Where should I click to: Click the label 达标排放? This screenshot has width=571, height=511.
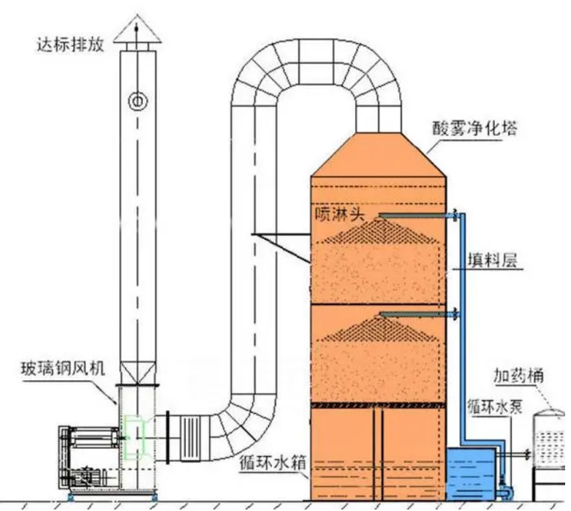70,44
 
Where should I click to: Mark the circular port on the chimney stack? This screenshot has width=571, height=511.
136,101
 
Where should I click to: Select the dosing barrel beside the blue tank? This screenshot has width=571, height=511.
551,446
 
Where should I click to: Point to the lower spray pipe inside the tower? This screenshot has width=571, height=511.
417,315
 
